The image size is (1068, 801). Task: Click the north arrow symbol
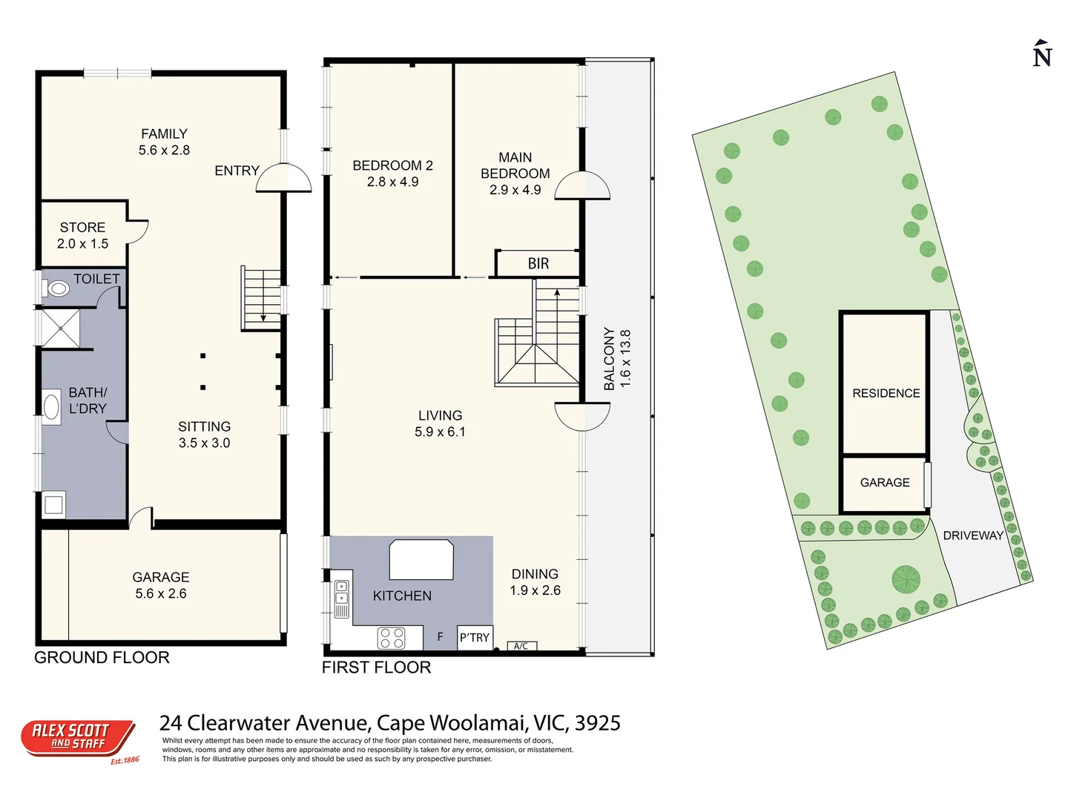click(1042, 54)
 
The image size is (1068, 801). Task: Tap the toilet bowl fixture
click(57, 288)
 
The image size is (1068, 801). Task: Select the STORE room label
click(82, 228)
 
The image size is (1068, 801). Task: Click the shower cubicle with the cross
click(59, 328)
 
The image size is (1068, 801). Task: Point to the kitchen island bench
click(421, 559)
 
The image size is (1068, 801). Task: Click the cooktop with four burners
click(392, 638)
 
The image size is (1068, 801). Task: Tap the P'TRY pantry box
click(475, 638)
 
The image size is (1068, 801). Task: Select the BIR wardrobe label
click(538, 263)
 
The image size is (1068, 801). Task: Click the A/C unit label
click(521, 646)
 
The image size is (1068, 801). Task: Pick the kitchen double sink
click(341, 593)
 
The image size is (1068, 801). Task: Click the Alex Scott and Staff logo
click(78, 738)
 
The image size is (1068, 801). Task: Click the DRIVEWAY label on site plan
click(973, 535)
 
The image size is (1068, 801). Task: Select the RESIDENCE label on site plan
click(886, 393)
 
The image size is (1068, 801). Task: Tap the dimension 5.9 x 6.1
click(440, 432)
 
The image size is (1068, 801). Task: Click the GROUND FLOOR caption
click(102, 658)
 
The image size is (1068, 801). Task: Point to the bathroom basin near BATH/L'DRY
click(52, 407)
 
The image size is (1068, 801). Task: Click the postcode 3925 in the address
click(598, 723)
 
